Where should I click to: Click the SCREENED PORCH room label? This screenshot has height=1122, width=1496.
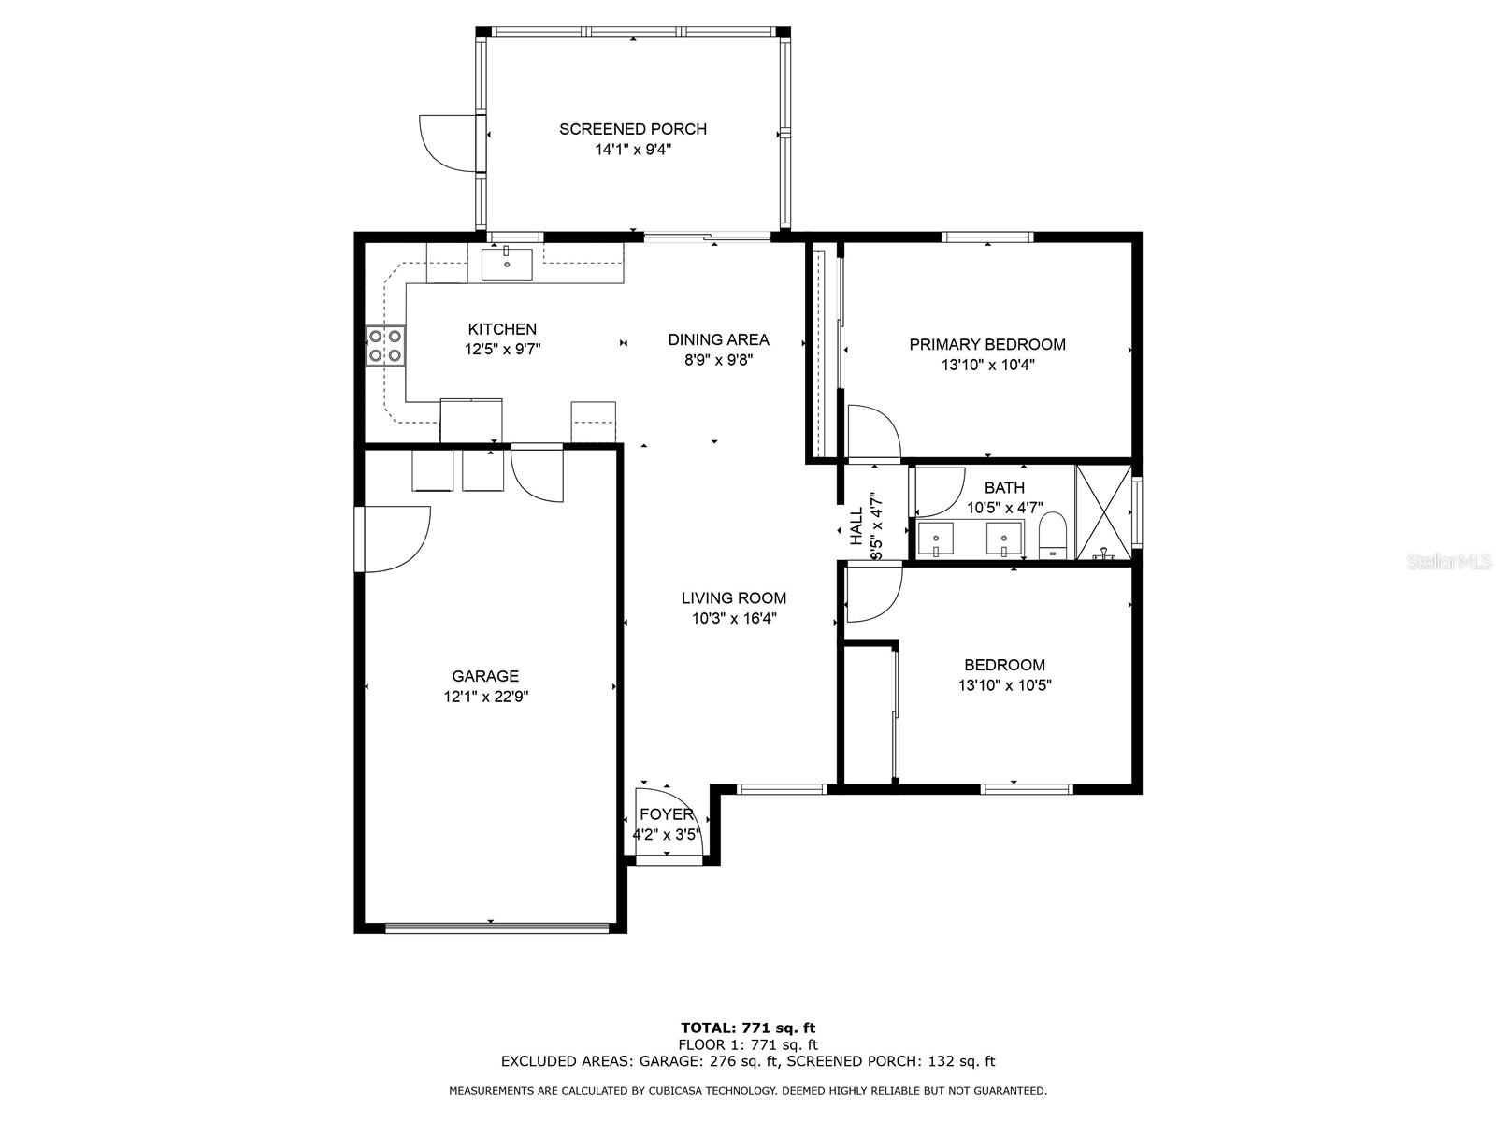632,129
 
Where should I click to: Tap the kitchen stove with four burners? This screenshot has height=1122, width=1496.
385,345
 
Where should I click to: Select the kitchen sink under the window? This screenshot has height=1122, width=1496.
507,265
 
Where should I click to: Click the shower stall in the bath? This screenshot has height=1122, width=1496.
1102,512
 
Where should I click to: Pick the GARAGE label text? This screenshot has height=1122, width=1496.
485,676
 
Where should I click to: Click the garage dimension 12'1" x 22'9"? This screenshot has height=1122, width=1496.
485,697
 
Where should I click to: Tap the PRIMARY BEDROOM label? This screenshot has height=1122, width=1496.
986,344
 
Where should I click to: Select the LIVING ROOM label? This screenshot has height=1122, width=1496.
733,597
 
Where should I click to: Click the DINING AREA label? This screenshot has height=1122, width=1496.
718,339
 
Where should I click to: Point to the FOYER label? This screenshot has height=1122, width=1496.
666,813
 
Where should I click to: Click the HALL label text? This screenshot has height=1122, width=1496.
856,525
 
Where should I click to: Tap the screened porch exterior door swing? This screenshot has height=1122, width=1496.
446,143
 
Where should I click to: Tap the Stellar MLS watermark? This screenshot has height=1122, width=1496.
1448,562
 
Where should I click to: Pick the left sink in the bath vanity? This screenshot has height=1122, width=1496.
936,539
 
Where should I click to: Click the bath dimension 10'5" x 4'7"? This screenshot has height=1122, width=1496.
1004,508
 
